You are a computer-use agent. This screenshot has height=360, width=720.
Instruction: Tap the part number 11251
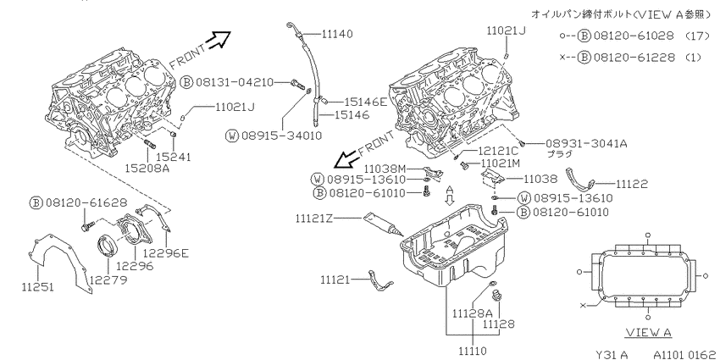[37, 288]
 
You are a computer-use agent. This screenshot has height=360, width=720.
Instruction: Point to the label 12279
[108, 280]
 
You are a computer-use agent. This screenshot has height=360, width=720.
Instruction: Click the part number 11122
[631, 185]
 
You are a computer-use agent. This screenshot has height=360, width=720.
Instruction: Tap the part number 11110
[473, 352]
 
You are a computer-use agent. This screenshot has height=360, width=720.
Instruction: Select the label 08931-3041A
[586, 144]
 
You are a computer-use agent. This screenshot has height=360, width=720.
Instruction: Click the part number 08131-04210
[234, 83]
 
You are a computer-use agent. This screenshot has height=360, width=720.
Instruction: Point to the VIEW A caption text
[649, 332]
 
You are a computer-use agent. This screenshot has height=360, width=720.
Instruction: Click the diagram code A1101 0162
[684, 354]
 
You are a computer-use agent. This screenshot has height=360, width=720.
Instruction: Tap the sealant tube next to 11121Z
[383, 224]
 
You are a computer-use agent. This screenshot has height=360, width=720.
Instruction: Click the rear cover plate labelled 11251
[58, 263]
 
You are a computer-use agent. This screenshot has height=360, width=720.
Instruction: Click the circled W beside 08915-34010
[233, 136]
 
